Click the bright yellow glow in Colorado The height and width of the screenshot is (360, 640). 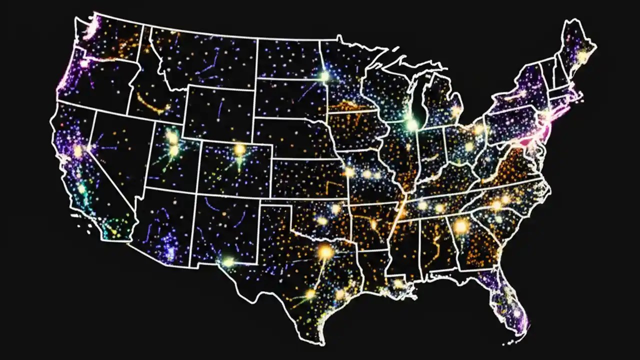(240, 149)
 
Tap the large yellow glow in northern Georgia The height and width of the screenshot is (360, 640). (460, 226)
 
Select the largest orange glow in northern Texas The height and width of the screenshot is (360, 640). (325, 251)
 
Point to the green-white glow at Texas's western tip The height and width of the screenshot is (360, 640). (228, 261)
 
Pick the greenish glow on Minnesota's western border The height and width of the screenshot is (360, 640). (324, 76)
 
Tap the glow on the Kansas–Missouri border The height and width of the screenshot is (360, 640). (349, 172)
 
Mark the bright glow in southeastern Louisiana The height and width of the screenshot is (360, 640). (398, 284)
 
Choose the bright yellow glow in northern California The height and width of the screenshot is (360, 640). (78, 150)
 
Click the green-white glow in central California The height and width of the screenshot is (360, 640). (81, 189)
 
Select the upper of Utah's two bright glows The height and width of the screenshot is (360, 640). (171, 136)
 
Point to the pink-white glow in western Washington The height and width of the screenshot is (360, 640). (84, 63)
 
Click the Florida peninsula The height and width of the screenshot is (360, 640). (505, 300)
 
